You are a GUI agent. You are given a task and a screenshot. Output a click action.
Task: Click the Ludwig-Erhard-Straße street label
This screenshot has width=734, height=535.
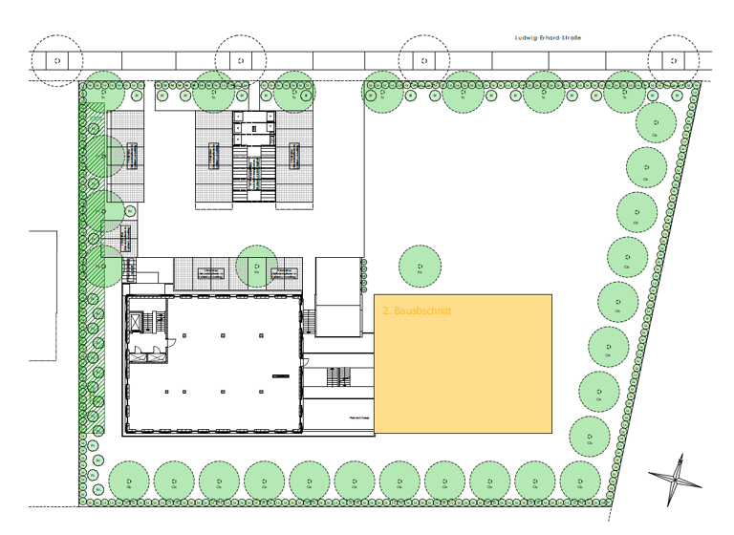coord(547,38)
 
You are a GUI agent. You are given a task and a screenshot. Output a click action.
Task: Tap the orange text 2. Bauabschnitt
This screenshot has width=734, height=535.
coord(416,311)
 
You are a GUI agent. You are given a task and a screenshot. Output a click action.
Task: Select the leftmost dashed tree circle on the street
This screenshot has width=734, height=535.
coord(57,61)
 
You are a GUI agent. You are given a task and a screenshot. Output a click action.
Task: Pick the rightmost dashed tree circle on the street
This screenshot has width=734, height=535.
coord(675,61)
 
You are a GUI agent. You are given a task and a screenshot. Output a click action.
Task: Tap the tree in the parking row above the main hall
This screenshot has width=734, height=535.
coord(256,267)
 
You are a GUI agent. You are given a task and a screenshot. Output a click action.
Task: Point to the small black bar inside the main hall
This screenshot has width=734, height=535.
coord(278,375)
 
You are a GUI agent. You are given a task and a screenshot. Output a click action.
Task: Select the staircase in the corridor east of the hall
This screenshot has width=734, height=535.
coord(337,378)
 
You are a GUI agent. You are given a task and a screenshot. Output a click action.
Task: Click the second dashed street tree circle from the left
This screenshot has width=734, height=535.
coord(240,61)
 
